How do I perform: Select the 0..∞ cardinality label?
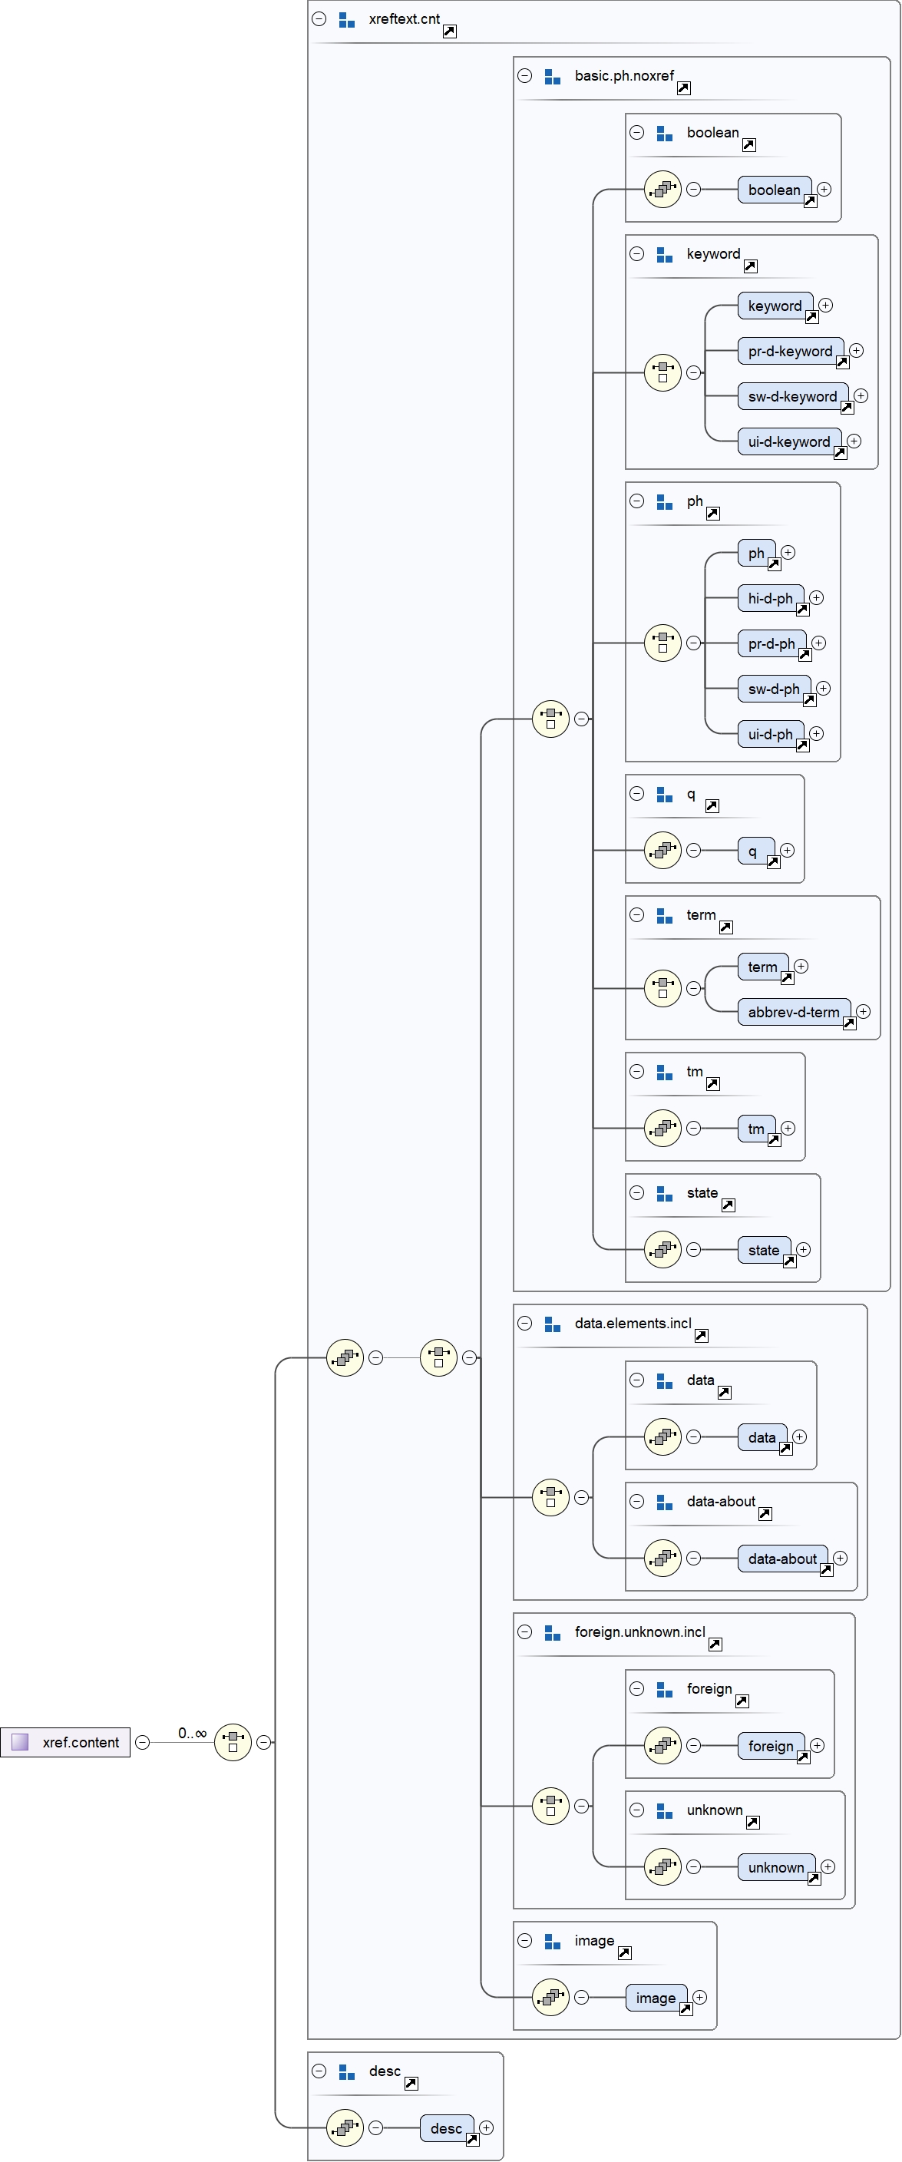191,1733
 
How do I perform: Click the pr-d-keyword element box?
790,351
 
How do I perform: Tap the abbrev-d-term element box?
793,1011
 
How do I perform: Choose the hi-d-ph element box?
769,597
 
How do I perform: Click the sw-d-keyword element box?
792,396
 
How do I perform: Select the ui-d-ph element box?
769,733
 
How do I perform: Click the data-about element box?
781,1558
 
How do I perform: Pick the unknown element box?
775,1866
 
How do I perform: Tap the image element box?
656,1998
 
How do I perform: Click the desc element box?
445,2127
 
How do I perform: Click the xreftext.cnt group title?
404,18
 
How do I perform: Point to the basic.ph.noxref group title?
623,75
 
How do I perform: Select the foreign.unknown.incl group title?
639,1631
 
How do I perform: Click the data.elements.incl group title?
633,1323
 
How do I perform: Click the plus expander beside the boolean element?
824,189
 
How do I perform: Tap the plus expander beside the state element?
803,1249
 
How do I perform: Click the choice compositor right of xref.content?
233,1742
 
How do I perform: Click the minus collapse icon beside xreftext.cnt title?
319,18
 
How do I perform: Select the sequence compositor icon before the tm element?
662,1128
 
